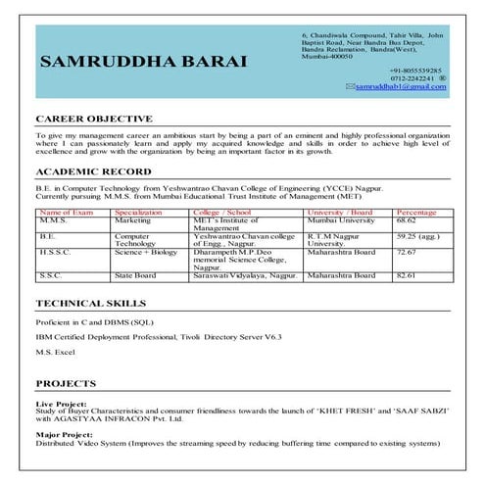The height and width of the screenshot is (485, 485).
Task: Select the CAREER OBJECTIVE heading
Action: [93, 118]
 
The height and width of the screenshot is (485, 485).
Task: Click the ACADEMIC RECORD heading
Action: [91, 170]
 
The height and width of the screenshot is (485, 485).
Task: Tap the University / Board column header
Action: [340, 212]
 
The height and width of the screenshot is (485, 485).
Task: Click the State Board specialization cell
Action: [135, 275]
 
